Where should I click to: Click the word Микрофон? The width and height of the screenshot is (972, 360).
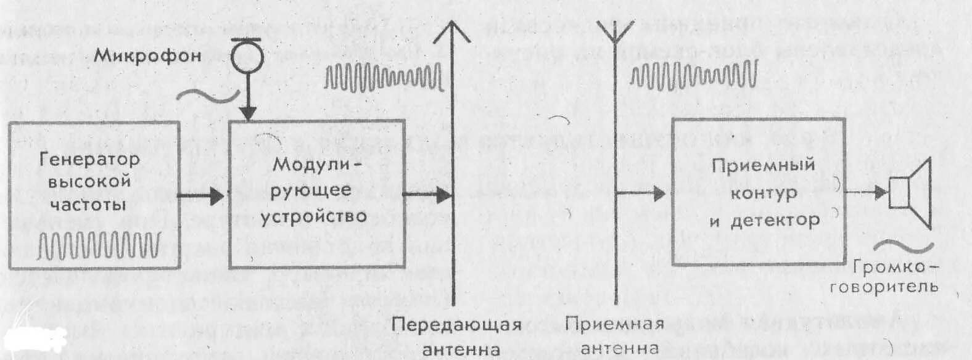147,56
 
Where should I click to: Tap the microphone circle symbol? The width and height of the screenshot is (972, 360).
247,57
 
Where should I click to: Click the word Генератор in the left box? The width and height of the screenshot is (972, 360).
90,159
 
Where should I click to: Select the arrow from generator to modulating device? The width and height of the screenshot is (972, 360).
201,197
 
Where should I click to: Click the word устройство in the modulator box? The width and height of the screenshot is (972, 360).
313,216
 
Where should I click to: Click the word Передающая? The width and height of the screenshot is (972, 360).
456,324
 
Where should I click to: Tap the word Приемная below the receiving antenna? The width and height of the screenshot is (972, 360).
614,324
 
